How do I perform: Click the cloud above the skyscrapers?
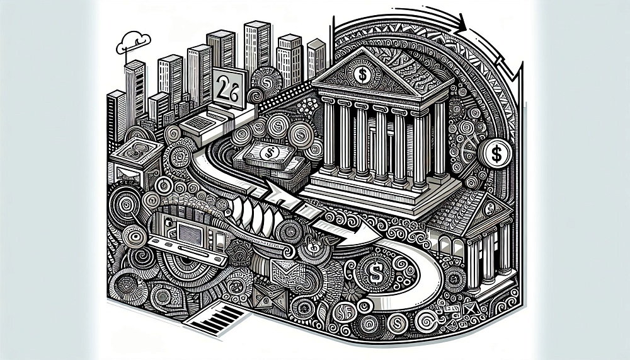click(135, 39)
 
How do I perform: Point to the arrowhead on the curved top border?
click(464, 25)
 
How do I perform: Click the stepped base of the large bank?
click(372, 195)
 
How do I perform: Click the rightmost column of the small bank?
click(504, 252)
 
